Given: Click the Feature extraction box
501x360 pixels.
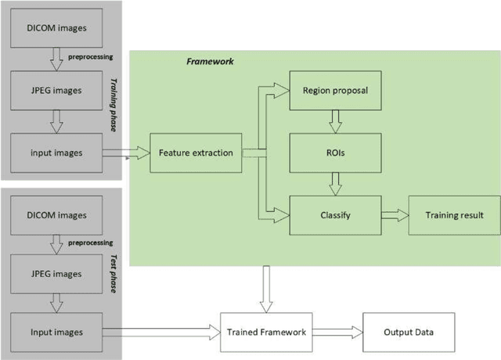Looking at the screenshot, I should click(x=195, y=152).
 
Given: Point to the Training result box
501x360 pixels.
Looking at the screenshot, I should click(x=453, y=214).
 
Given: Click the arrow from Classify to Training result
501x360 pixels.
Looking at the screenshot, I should click(x=395, y=214).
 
